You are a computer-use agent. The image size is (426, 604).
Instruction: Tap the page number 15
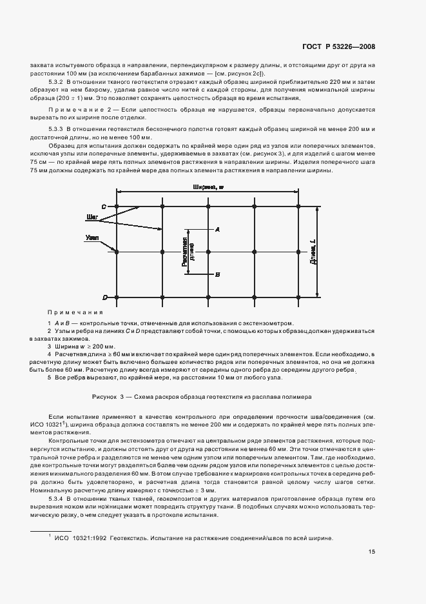(372, 551)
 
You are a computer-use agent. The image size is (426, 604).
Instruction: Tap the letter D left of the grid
(104, 297)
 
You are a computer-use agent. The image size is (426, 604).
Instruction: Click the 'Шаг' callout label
(92, 216)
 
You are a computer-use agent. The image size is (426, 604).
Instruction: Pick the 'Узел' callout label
(91, 238)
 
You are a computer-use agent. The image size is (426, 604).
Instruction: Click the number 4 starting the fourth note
(49, 354)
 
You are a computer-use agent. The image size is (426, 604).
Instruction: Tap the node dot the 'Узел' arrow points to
(117, 252)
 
